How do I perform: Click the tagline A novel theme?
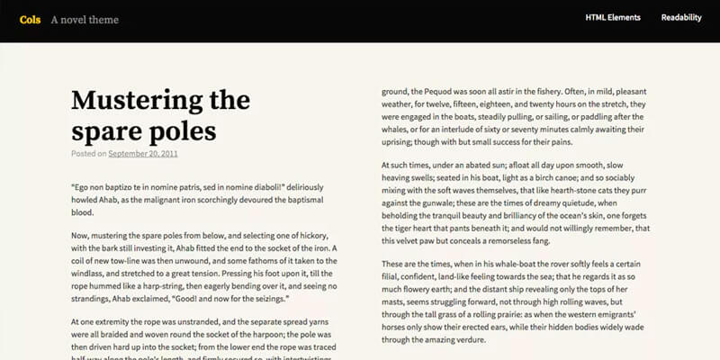[x=85, y=19]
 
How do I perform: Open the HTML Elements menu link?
[x=613, y=17]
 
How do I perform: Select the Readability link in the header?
[x=681, y=17]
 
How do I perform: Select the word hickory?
[x=319, y=234]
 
